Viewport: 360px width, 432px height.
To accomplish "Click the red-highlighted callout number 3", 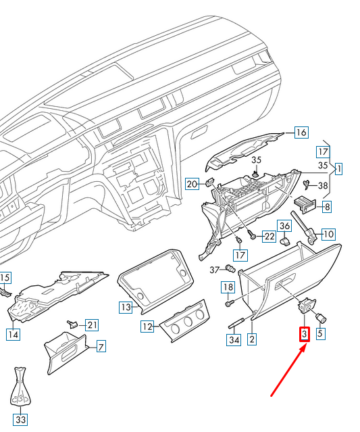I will pyautogui.click(x=305, y=334).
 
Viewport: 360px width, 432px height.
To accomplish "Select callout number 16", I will pyautogui.click(x=301, y=133).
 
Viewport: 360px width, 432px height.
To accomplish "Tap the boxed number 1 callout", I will pyautogui.click(x=338, y=168).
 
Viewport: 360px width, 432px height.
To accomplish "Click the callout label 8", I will pyautogui.click(x=326, y=206).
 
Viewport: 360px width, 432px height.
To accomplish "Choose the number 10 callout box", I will pyautogui.click(x=328, y=235).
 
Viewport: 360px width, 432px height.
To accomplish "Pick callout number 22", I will pyautogui.click(x=269, y=236).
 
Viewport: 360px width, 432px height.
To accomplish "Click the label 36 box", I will pyautogui.click(x=284, y=226).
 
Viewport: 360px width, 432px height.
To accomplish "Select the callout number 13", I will pyautogui.click(x=125, y=308).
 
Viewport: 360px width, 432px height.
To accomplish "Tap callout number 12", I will pyautogui.click(x=147, y=327).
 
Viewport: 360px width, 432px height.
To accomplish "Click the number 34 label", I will pyautogui.click(x=234, y=340).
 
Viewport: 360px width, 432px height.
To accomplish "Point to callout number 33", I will pyautogui.click(x=22, y=421).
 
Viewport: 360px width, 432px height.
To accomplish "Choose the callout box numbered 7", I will pyautogui.click(x=101, y=347).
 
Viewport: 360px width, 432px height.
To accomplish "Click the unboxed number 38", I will pyautogui.click(x=323, y=185).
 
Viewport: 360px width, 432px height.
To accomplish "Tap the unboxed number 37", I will pyautogui.click(x=215, y=270).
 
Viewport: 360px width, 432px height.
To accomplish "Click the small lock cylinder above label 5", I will pyautogui.click(x=322, y=316).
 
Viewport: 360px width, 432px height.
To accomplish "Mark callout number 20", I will pyautogui.click(x=192, y=184).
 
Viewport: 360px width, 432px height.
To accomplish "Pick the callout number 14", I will pyautogui.click(x=12, y=333).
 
